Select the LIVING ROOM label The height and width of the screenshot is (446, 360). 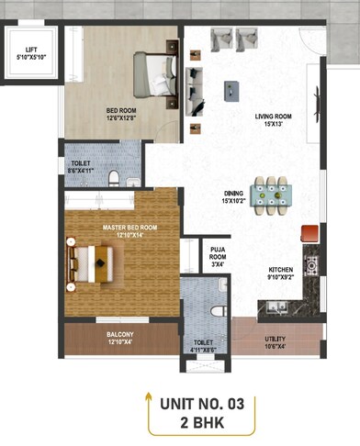(x=273, y=120)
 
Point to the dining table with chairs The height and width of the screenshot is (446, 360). (x=270, y=194)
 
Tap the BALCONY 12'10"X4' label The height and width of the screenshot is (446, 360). (x=120, y=339)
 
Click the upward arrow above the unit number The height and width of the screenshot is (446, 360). (x=149, y=399)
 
